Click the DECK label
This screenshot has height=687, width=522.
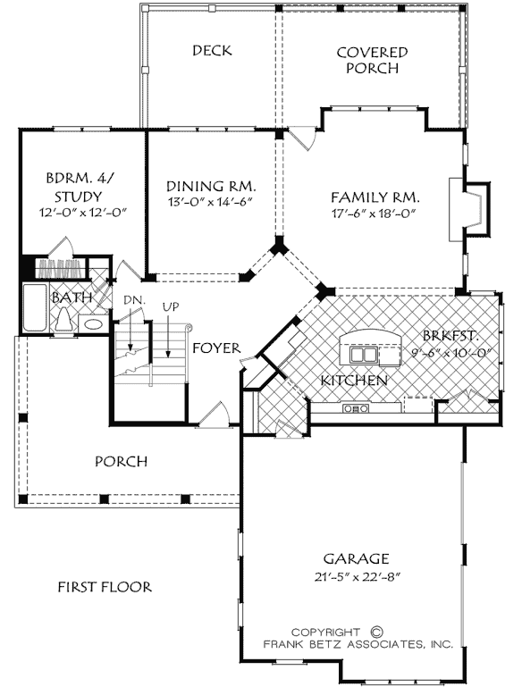pyautogui.click(x=212, y=50)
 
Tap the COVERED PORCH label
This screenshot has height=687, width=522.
pyautogui.click(x=372, y=60)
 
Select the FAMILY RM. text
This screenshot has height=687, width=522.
pyautogui.click(x=375, y=197)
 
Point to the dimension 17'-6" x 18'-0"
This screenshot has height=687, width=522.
pyautogui.click(x=375, y=214)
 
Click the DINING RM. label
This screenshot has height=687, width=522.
pyautogui.click(x=212, y=186)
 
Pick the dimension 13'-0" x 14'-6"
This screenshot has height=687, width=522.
pyautogui.click(x=212, y=203)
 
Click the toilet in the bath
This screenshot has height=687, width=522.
pyautogui.click(x=63, y=323)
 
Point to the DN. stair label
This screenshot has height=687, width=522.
pyautogui.click(x=133, y=298)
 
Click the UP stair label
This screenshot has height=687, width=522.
pyautogui.click(x=170, y=306)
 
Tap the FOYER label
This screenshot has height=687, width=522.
pyautogui.click(x=214, y=347)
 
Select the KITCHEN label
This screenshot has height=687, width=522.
pyautogui.click(x=354, y=381)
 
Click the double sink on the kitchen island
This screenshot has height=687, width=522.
pyautogui.click(x=363, y=356)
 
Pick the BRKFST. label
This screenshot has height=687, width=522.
pyautogui.click(x=452, y=336)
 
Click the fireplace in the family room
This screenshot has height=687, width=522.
pyautogui.click(x=474, y=208)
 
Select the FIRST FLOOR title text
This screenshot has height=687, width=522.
pyautogui.click(x=105, y=587)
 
